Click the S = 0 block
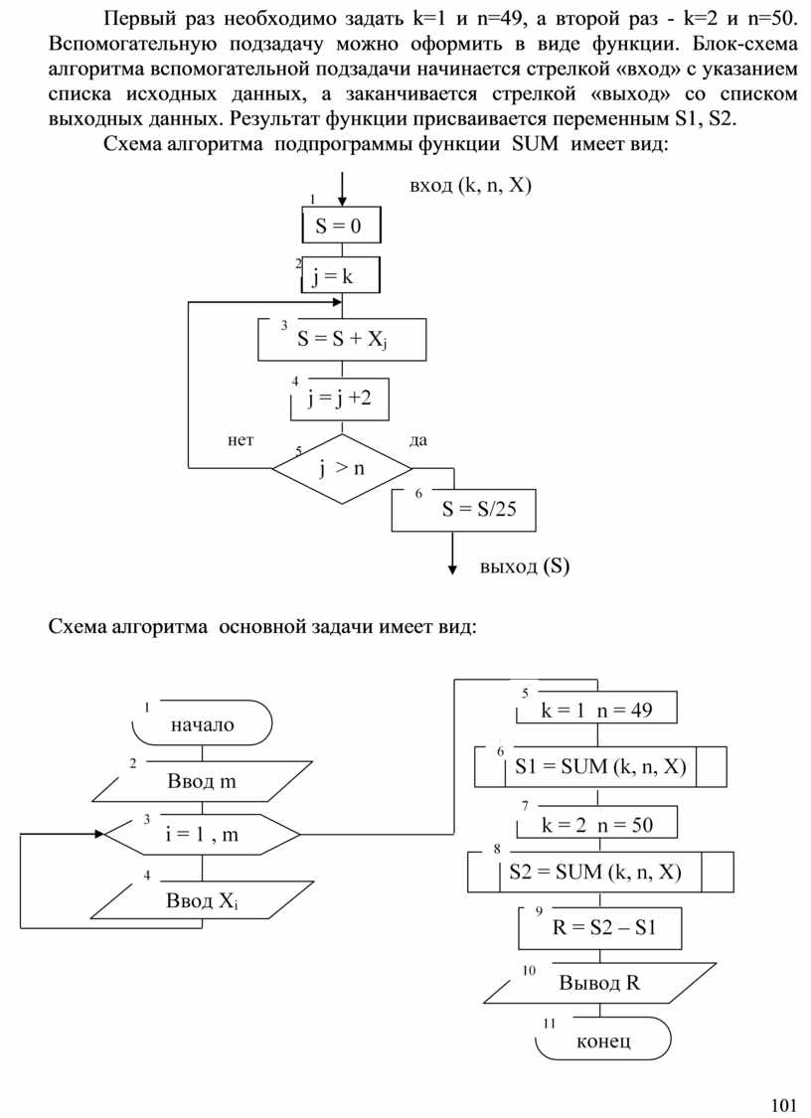341,226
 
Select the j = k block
341,276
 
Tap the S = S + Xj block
341,339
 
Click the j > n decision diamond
341,468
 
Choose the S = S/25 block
463,510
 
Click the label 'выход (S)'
525,567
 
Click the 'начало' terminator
203,723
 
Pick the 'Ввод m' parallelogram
203,781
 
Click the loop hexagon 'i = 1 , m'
203,835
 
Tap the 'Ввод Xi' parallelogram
203,901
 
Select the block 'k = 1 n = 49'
596,710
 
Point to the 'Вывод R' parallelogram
599,984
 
